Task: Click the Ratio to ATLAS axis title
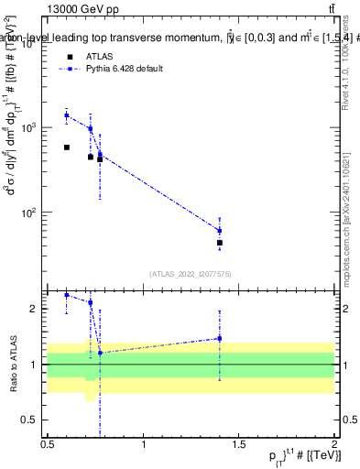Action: (15, 364)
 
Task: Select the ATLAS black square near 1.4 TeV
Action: (220, 243)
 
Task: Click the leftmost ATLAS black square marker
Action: (67, 147)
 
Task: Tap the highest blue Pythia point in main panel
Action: (67, 115)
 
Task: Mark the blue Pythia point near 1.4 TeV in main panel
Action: (220, 230)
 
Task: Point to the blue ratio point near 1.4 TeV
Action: (220, 338)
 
